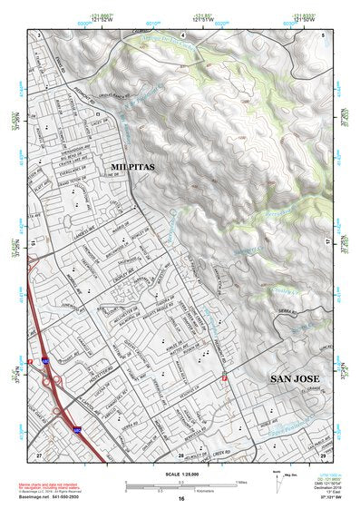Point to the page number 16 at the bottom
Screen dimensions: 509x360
click(180, 499)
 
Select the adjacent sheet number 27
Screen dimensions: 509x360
click(39, 452)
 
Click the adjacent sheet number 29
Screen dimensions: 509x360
click(322, 452)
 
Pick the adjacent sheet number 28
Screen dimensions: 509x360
click(180, 453)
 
